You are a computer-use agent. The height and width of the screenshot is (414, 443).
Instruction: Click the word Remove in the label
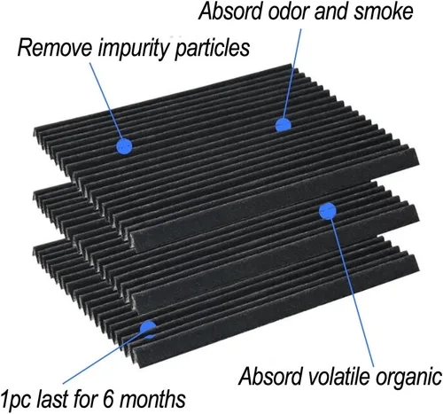pyautogui.click(x=54, y=48)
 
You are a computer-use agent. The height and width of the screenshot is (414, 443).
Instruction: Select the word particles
pyautogui.click(x=213, y=48)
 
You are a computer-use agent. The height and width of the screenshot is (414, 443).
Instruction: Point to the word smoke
pyautogui.click(x=384, y=12)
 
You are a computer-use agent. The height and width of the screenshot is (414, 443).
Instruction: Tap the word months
pyautogui.click(x=153, y=399)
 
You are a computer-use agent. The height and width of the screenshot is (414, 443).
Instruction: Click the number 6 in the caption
pyautogui.click(x=109, y=400)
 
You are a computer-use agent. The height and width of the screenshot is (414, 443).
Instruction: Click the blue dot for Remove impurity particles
pyautogui.click(x=124, y=146)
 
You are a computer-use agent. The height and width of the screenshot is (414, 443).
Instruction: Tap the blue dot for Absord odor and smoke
pyautogui.click(x=284, y=125)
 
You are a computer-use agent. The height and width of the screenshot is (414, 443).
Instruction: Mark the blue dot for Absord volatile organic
pyautogui.click(x=328, y=211)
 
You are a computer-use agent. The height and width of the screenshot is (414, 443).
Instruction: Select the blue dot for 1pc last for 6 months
pyautogui.click(x=148, y=330)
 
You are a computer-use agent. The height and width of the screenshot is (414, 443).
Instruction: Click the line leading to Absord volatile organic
pyautogui.click(x=351, y=289)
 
